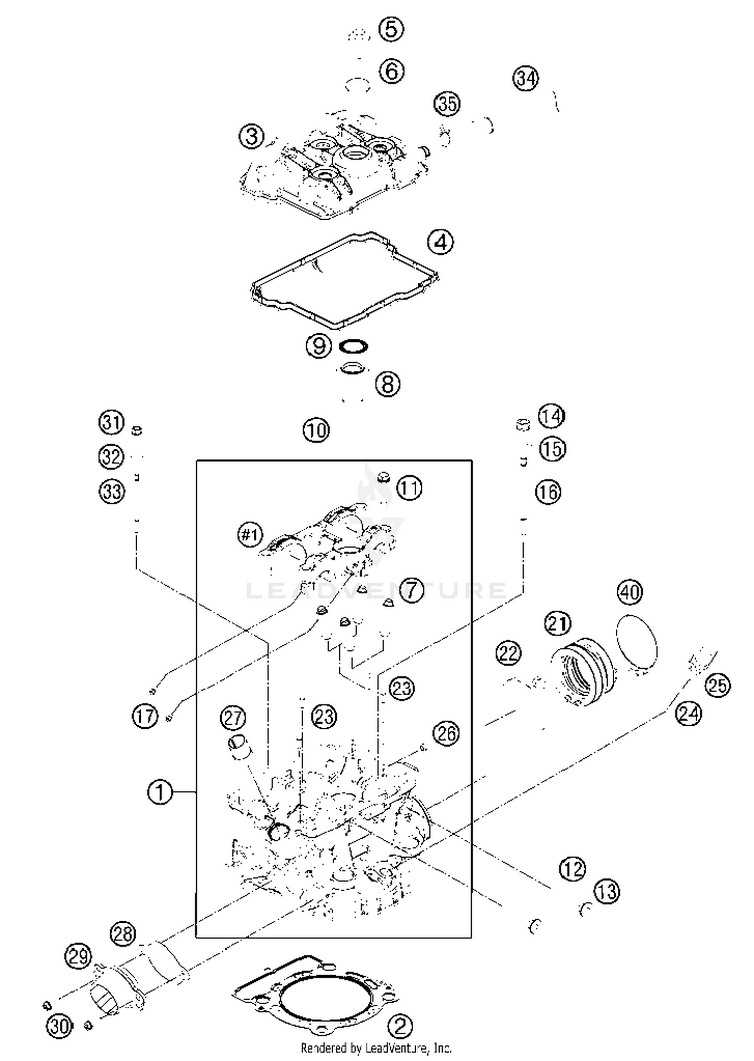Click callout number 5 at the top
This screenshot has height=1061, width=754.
[x=391, y=29]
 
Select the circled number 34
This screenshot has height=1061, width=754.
[x=526, y=78]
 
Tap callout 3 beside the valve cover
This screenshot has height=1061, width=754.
[x=252, y=136]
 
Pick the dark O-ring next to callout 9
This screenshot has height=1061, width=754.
[x=353, y=346]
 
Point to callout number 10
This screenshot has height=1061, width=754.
[x=316, y=430]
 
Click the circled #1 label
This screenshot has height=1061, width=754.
[x=250, y=534]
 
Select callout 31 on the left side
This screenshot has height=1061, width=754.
[x=111, y=422]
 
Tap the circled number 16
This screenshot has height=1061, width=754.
[x=548, y=492]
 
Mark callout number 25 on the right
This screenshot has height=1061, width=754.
[x=717, y=685]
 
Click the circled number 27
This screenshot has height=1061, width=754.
[x=233, y=718]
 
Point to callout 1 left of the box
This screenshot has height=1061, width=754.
[x=159, y=792]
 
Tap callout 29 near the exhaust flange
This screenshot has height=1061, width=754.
[x=78, y=956]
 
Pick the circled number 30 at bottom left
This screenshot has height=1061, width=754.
[x=59, y=1026]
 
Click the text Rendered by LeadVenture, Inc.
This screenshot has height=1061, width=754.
[x=376, y=1048]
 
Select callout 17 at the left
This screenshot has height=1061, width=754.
[x=145, y=716]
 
